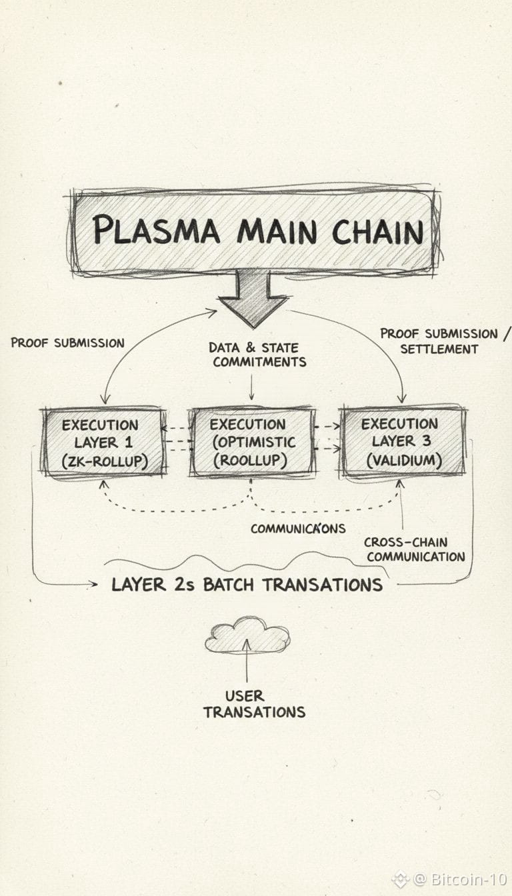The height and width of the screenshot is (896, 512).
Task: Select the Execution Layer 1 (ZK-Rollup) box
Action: point(104,441)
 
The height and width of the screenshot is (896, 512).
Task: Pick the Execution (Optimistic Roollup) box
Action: point(252,441)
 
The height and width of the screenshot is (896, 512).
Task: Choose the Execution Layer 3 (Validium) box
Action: point(402,441)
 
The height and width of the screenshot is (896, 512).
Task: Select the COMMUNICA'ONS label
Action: point(298,529)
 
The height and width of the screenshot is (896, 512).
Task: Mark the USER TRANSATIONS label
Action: point(254,704)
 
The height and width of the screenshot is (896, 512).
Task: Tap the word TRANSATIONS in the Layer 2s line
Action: point(322,585)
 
